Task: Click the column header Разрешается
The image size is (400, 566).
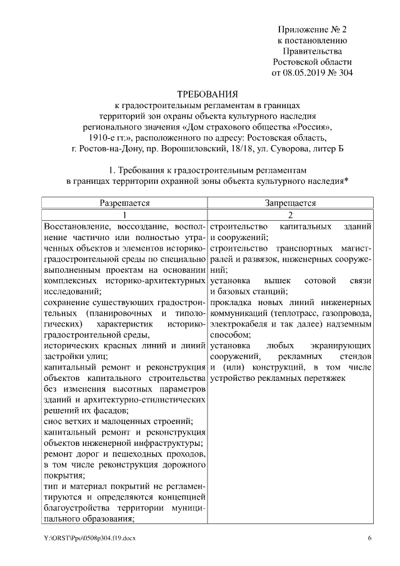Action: tap(125, 203)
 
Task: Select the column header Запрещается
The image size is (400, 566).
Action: tap(289, 203)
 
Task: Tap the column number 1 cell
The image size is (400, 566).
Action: tap(125, 214)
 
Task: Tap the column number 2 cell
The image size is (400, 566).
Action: tap(289, 214)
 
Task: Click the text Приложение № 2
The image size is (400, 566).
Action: tap(312, 29)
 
